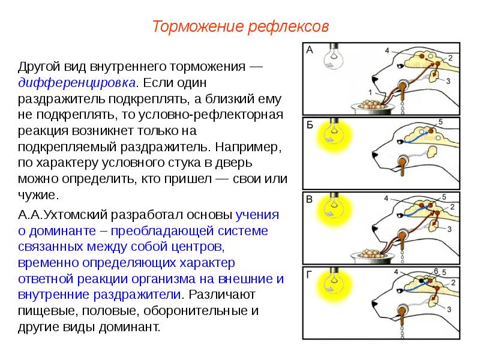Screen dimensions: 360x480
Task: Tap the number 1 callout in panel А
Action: [370, 92]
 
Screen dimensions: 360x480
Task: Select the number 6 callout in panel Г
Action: [436, 270]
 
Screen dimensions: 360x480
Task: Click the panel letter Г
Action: [310, 275]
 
